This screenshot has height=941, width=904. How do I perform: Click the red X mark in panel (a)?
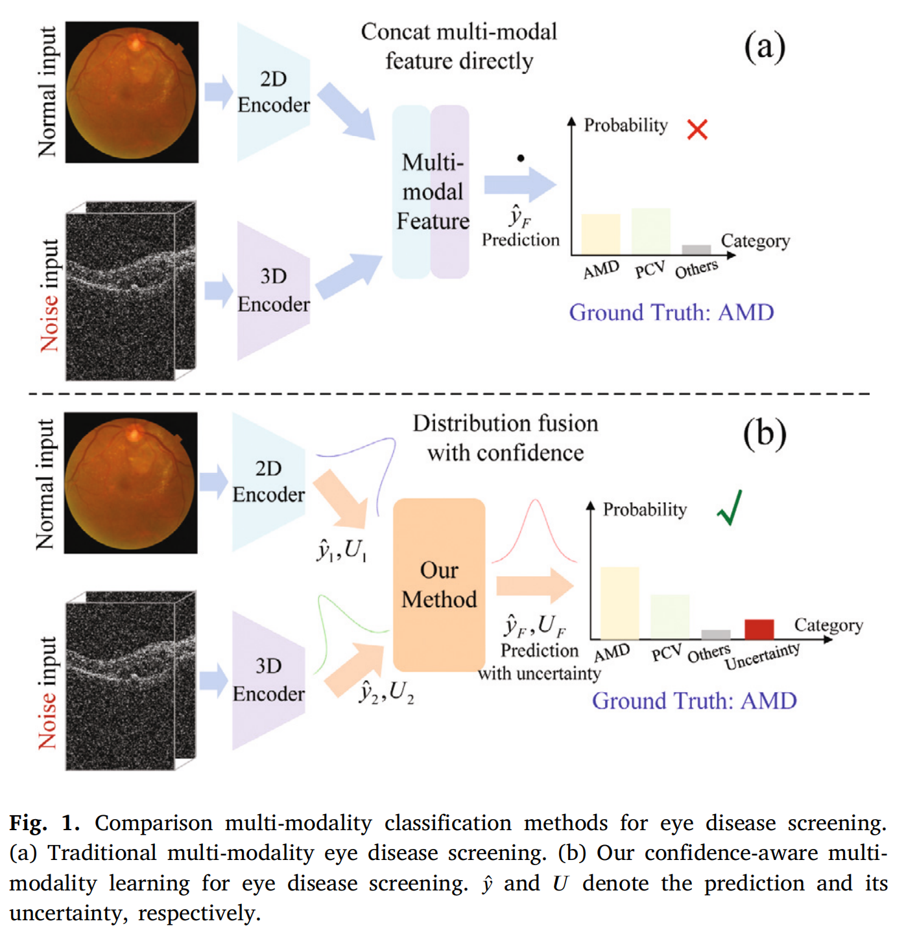pos(697,130)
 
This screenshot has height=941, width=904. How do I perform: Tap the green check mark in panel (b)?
pos(730,508)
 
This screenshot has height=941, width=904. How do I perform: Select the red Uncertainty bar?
pos(759,629)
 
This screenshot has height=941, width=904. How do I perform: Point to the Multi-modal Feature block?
pos(431,192)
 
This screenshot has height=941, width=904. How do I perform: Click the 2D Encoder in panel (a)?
pos(273,92)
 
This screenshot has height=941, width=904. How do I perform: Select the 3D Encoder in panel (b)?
pos(268,680)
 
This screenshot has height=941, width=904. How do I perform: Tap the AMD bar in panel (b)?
pos(619,603)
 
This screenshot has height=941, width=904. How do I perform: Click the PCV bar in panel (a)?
pos(650,231)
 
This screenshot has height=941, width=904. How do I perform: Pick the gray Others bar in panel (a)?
pos(696,250)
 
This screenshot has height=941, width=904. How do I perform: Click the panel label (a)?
pos(765,47)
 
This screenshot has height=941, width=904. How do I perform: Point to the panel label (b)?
pos(765,434)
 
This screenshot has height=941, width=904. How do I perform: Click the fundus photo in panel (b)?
pos(130,483)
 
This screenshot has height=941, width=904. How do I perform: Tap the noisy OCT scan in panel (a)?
pos(130,292)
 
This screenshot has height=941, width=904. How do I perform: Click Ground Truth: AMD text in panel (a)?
pos(671,312)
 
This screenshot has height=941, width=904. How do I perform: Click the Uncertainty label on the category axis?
pos(762,656)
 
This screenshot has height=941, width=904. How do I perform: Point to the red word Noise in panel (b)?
pos(47,720)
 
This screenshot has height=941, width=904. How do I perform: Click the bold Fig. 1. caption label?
pos(44,823)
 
